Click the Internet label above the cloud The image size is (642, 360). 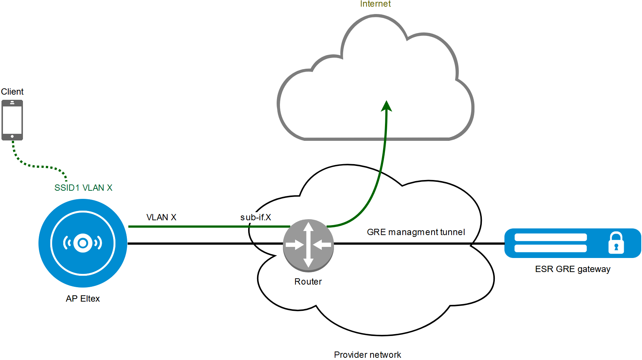coord(375,4)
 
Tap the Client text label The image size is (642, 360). coord(12,92)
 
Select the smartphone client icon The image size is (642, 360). coord(12,120)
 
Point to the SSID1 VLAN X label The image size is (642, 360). coord(83,188)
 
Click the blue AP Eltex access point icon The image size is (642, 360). coord(83,243)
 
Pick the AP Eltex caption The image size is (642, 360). coord(83,299)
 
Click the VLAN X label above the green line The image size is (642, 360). coord(161,217)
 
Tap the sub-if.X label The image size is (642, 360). coord(256,217)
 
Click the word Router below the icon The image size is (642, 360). coord(308,282)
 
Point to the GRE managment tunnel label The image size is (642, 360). coord(416,232)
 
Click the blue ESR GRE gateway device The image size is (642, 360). coord(572,243)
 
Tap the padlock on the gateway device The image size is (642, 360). coord(616,243)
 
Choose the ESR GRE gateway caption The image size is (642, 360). coord(572,269)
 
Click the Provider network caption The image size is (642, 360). coord(367,355)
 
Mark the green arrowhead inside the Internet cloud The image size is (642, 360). coord(386,106)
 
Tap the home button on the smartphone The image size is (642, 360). coord(12,136)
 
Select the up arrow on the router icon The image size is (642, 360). coord(308,227)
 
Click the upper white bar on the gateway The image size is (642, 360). coord(551,237)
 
